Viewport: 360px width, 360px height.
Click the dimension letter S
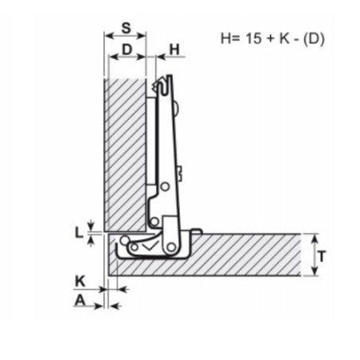127,28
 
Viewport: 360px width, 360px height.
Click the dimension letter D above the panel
127,49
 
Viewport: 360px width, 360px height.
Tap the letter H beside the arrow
174,49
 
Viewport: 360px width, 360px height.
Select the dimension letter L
79,233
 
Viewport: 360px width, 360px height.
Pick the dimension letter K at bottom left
80,281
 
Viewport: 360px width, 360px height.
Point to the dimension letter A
80,300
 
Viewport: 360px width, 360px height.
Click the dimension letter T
322,256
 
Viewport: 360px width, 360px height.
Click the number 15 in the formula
253,38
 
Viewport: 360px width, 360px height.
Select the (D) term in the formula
314,39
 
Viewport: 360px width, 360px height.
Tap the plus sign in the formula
271,39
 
